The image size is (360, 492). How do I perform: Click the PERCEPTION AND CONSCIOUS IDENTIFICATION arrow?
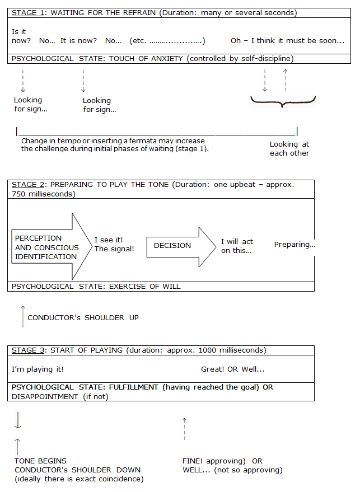tap(50, 247)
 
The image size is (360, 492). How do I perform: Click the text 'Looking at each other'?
tap(289, 148)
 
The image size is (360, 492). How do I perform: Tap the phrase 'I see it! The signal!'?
tap(114, 244)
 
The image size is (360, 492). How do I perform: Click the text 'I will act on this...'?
tap(237, 246)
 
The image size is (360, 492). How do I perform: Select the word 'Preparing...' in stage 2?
tap(294, 245)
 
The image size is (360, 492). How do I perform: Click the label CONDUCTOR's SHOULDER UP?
tap(83, 317)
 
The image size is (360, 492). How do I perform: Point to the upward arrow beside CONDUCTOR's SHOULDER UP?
tap(22, 316)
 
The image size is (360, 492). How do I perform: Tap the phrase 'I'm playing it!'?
tap(38, 369)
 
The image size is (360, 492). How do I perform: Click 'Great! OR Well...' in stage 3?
tap(232, 369)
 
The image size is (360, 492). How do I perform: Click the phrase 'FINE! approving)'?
tap(214, 461)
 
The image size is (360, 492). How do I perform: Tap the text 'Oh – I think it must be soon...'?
tap(287, 41)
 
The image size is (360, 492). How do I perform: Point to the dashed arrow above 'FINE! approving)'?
tap(184, 428)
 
